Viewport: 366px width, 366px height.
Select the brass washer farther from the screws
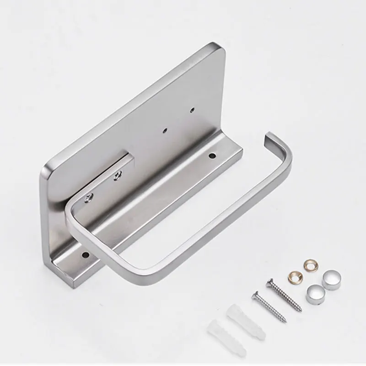(x=310, y=265)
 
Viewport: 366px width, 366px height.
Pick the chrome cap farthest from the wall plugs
(x=331, y=280)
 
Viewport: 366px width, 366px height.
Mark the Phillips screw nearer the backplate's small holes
(x=118, y=174)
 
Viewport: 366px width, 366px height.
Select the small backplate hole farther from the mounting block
(x=193, y=110)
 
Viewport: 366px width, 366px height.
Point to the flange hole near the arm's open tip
(x=212, y=156)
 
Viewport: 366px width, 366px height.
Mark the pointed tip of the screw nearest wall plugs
(x=285, y=320)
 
